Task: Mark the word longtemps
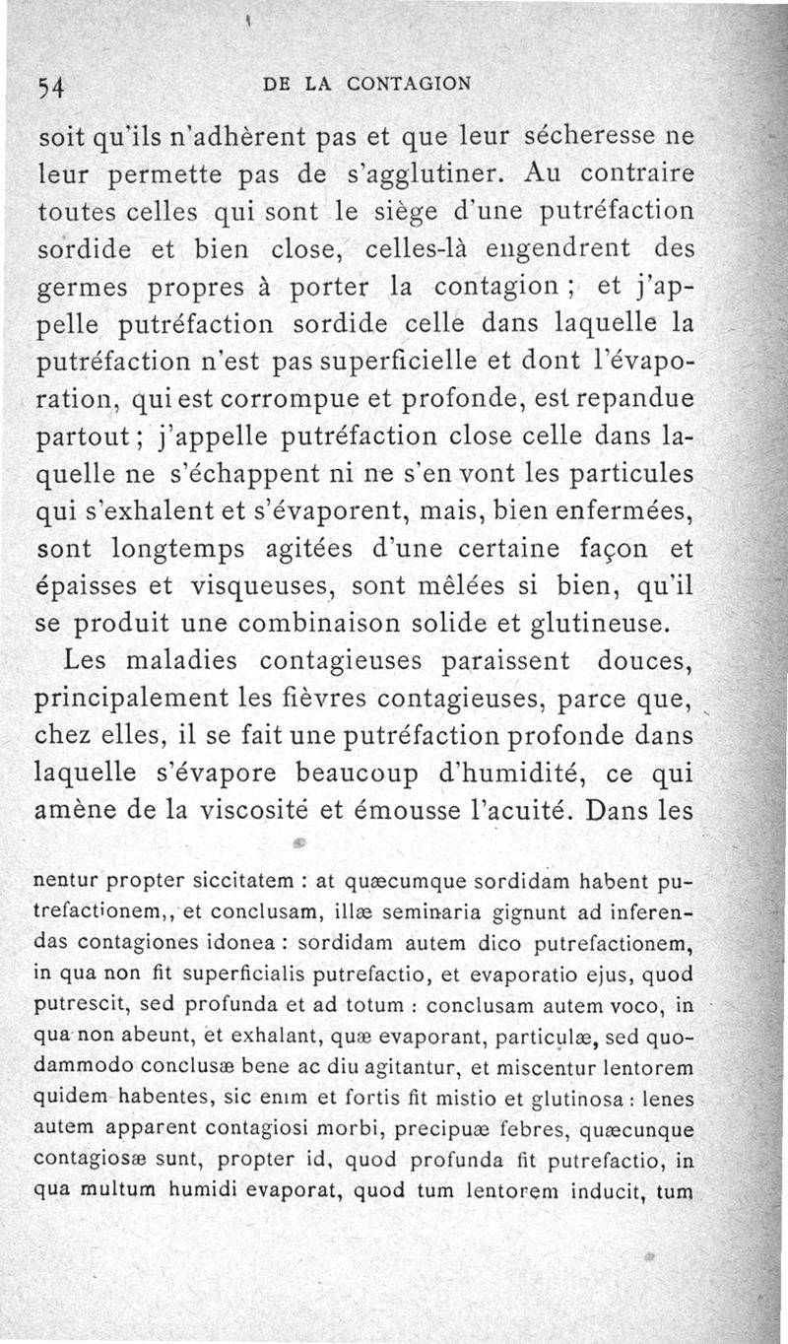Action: [171, 549]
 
